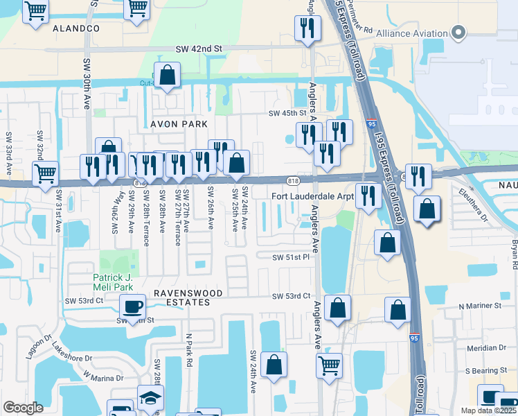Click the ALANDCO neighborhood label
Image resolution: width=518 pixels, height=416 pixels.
[75, 28]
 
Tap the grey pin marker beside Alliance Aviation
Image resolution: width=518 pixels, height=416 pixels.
[458, 32]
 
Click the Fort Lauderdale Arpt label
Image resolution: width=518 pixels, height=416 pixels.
[312, 196]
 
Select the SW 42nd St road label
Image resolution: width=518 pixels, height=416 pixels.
[198, 49]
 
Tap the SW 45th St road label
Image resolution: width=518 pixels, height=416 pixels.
[287, 113]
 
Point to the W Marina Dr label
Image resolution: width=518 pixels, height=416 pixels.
[103, 377]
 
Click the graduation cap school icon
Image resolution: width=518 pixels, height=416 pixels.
[150, 398]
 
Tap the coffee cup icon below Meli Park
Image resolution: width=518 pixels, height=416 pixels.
[132, 306]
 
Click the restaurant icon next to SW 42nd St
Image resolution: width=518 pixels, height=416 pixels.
[306, 28]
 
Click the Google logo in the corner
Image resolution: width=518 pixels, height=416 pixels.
[24, 408]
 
